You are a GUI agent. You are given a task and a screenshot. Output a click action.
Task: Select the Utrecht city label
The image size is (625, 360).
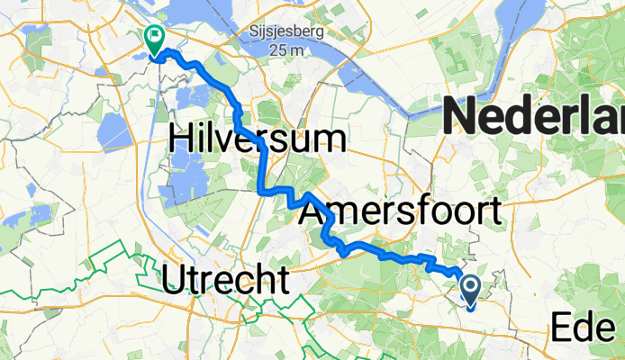pyautogui.click(x=226, y=281)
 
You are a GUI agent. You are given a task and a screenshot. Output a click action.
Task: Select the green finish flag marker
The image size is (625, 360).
pyautogui.click(x=153, y=38)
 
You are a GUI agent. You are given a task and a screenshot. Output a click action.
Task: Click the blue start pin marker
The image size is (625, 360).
pyautogui.click(x=470, y=288)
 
